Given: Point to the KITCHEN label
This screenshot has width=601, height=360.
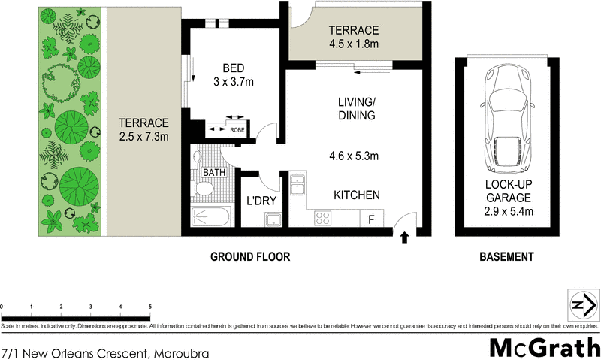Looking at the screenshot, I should pos(357,195).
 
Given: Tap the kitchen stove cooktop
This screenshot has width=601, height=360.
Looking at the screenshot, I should pos(323,219).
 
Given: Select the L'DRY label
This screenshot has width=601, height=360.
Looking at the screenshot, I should pos(259,201).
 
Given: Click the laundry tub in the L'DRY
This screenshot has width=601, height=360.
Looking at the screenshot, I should pos(272,219).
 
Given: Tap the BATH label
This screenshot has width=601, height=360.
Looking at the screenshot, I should pos(214,173).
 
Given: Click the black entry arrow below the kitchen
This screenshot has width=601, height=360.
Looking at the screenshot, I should pos(405,238).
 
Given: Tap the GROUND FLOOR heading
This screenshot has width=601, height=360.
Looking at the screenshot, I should pos(249,257).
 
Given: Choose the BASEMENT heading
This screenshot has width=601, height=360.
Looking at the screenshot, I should pos(506,257).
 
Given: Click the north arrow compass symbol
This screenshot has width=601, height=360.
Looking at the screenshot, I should pos(583,304).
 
